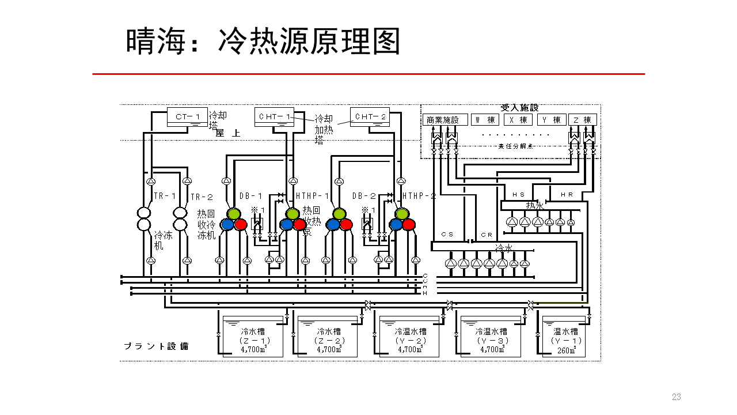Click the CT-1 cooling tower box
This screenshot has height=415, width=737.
pos(187,117)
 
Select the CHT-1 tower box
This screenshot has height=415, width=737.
pos(274,117)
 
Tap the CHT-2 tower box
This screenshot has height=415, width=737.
pos(371,117)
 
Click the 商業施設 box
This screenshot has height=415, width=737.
pos(445,120)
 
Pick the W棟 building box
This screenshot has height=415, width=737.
pos(484,120)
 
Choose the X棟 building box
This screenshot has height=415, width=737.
pos(518,120)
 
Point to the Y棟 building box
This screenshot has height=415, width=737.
pos(552,120)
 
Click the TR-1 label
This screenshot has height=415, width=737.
pos(165,196)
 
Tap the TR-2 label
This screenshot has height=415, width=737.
pos(202,197)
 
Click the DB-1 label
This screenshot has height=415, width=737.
pos(251,196)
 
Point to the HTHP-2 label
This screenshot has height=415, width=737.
pos(419,196)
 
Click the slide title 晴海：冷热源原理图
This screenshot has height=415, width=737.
pos(263,41)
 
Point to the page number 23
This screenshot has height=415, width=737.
pos(676,397)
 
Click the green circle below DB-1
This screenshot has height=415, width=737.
pos(233,214)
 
